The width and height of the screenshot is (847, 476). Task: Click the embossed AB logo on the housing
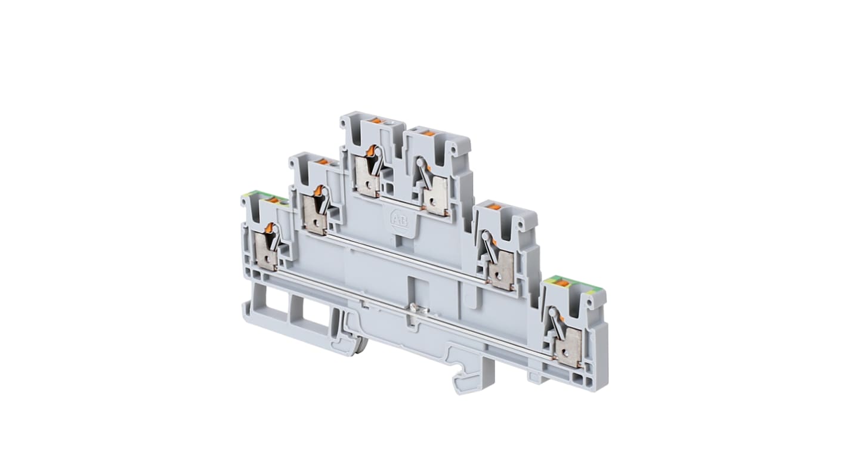tap(398, 219)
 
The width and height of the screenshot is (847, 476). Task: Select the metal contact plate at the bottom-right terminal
tap(568, 348)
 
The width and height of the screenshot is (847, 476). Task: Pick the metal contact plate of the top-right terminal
tap(437, 195)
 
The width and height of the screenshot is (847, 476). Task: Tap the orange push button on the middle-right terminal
tap(494, 206)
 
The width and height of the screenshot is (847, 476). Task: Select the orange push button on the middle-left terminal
tap(322, 161)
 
